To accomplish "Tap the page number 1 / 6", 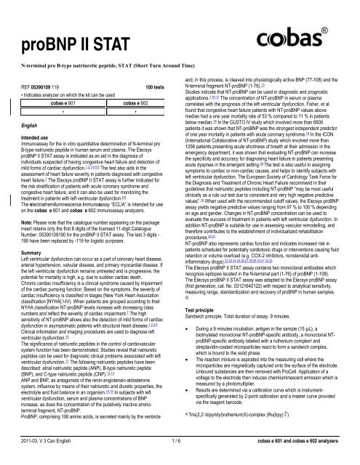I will click(180, 458).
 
